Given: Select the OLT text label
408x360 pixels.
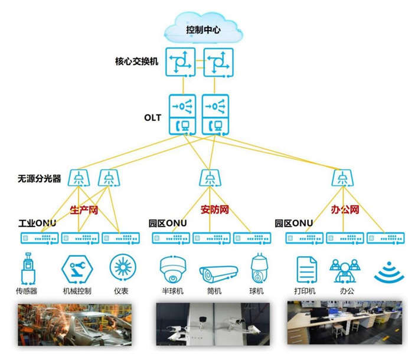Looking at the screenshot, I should [x=152, y=117].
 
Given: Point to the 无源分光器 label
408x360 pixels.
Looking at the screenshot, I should [x=40, y=178].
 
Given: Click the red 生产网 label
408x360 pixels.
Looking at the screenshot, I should [x=84, y=210].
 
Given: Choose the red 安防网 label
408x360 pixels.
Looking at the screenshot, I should [x=214, y=210].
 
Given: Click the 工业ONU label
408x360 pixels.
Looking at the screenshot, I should [x=37, y=224].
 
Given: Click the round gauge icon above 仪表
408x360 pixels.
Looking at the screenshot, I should [x=122, y=267].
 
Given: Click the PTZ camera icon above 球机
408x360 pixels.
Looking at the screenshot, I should [x=260, y=269].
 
